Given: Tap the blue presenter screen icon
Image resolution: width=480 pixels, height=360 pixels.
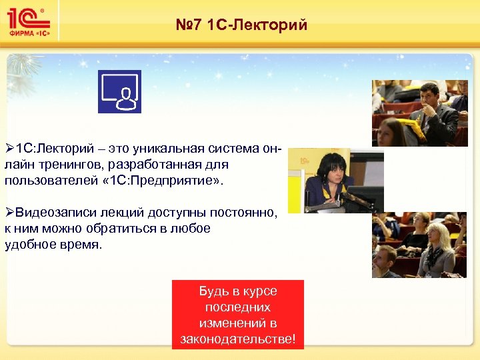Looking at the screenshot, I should (x=119, y=91).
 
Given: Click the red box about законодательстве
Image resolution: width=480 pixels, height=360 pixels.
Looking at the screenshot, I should (x=238, y=315).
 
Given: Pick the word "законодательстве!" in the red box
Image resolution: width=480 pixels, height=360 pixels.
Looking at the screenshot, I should (x=238, y=339).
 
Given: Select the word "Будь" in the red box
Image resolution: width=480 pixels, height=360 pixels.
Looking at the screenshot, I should (x=213, y=291).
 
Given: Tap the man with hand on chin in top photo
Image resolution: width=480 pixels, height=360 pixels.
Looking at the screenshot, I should (x=433, y=100).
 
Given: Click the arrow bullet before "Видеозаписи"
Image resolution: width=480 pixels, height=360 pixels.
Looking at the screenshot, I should (x=9, y=212).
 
